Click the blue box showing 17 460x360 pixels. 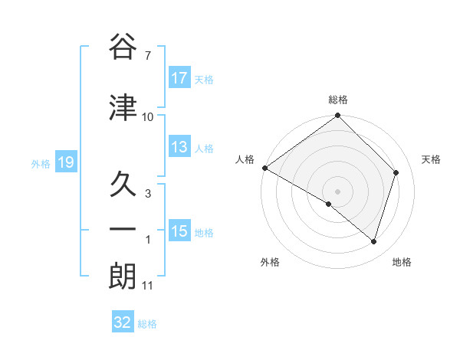pos(179,77)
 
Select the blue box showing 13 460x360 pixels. pos(179,147)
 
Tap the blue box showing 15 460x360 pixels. pos(179,231)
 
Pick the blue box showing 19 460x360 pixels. pos(65,162)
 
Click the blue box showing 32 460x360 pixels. pos(123,322)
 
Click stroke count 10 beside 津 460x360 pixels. pos(148,117)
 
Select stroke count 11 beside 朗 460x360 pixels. pos(148,286)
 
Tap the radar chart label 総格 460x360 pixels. pos(338,100)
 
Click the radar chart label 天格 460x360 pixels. pos(431,159)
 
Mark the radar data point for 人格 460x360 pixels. pos(264,168)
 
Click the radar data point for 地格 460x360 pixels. pos(374,241)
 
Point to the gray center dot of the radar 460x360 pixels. pos(338,191)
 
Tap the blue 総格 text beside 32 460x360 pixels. pos(148,324)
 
